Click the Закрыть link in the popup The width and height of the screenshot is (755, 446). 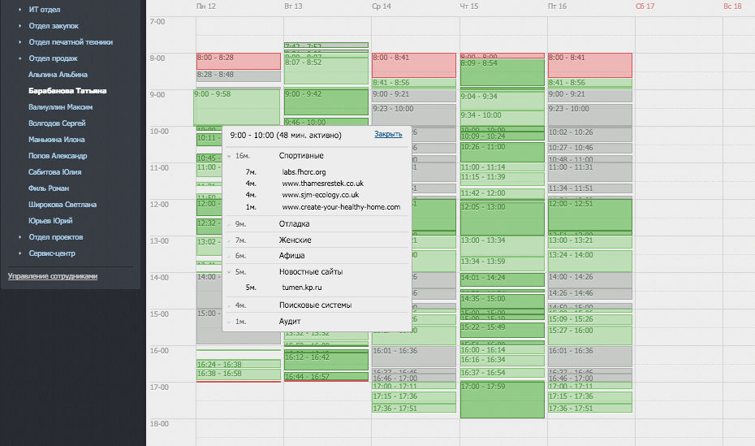(388, 134)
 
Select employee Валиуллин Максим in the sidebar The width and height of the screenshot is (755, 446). (60, 107)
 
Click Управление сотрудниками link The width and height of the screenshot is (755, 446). (53, 276)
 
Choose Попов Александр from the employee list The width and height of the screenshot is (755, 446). (58, 156)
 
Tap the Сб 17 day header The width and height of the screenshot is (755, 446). (645, 6)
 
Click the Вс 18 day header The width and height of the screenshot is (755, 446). (732, 6)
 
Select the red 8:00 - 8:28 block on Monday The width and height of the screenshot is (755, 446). (238, 60)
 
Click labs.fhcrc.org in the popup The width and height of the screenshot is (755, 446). (304, 172)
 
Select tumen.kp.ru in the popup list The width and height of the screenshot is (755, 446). (303, 288)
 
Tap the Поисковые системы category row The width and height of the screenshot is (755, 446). (315, 305)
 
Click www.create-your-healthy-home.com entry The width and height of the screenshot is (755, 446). (341, 207)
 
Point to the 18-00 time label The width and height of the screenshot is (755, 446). (157, 424)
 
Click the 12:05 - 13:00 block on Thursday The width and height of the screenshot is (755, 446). (502, 217)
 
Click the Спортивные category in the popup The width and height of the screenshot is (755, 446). (301, 155)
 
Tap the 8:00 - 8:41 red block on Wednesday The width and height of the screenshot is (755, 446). (414, 64)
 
